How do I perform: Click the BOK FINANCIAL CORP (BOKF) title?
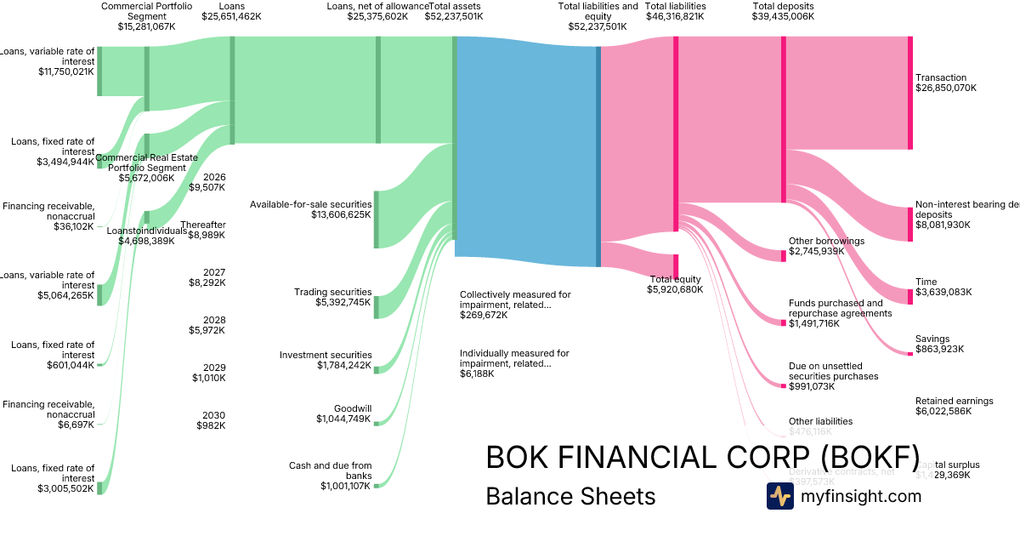[702, 458]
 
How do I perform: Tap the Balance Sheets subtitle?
[570, 496]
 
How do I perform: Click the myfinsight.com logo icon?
[779, 496]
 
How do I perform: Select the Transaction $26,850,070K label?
[946, 83]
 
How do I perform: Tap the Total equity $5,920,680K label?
[675, 284]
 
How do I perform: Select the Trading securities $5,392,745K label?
[332, 297]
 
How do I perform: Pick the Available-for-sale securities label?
[310, 209]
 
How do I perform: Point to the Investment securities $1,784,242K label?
[326, 360]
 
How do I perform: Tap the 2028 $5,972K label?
[207, 325]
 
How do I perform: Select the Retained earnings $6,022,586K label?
[954, 406]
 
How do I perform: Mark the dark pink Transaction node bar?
[909, 93]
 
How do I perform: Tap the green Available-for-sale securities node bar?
[377, 220]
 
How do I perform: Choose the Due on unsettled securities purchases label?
[833, 376]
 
